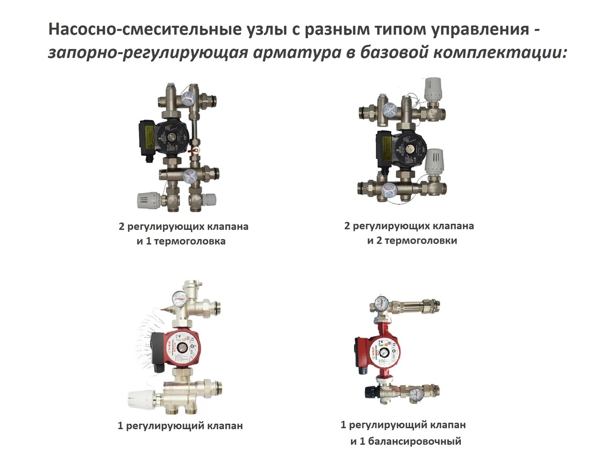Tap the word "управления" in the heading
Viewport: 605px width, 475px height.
[480, 30]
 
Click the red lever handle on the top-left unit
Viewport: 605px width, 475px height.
[192, 150]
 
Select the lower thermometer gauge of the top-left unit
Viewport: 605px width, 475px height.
[190, 176]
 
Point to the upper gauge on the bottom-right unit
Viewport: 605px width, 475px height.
[381, 304]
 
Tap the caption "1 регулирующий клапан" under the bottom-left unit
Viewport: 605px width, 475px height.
[180, 426]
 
